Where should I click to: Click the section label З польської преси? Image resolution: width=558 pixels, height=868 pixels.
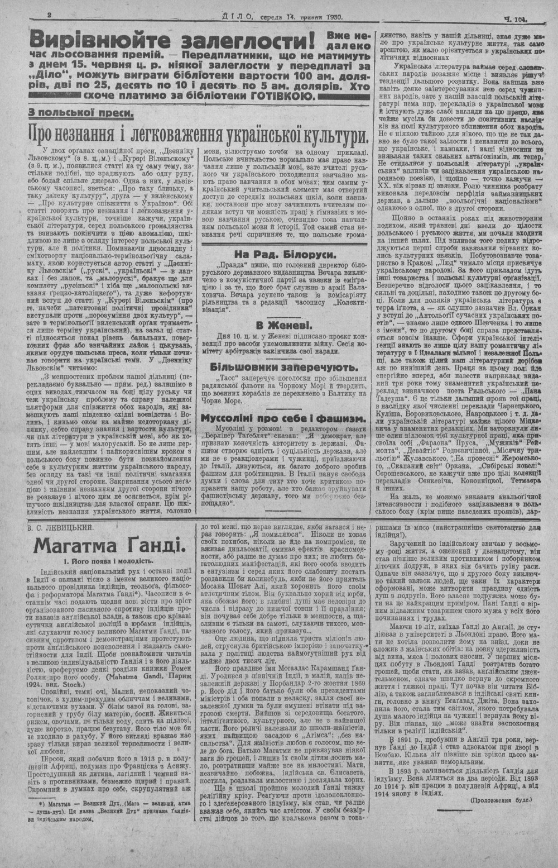click(82, 113)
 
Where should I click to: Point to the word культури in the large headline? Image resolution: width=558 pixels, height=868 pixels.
click(327, 135)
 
